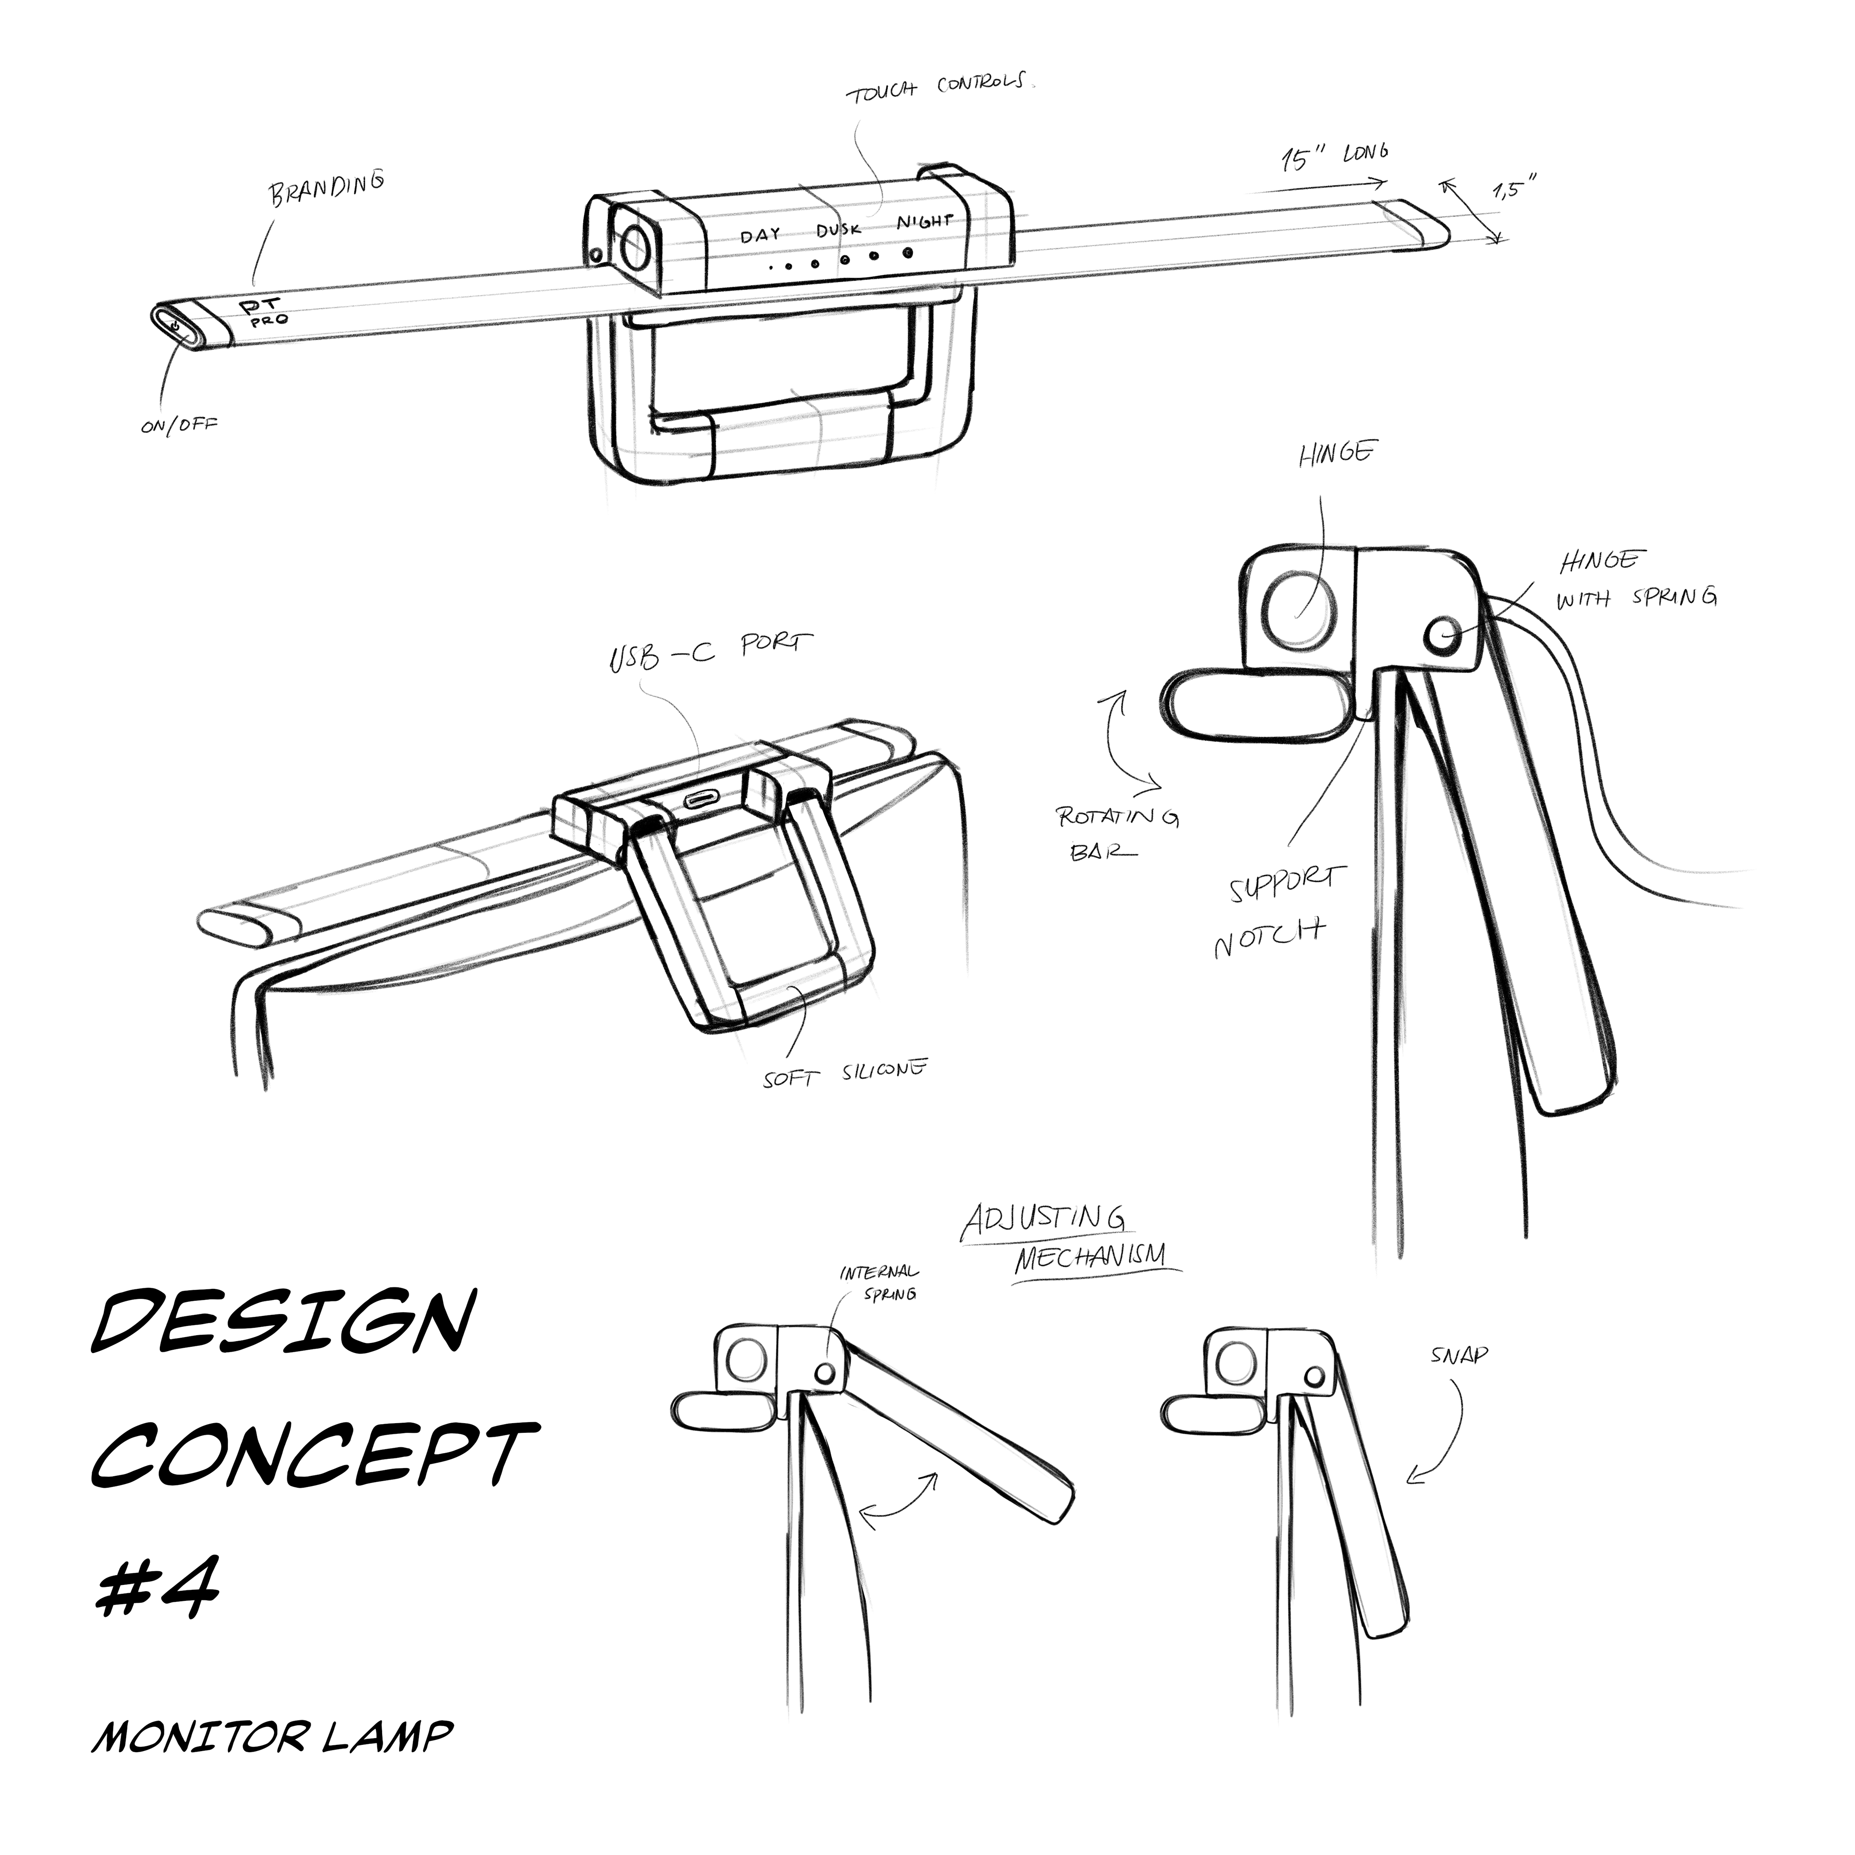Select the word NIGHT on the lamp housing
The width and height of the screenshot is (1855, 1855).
[x=925, y=222]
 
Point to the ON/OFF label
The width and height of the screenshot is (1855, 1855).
[x=179, y=424]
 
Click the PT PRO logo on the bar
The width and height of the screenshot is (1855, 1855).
[x=262, y=312]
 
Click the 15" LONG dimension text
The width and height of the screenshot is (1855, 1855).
[x=1335, y=156]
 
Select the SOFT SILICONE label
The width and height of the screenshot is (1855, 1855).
[x=845, y=1072]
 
